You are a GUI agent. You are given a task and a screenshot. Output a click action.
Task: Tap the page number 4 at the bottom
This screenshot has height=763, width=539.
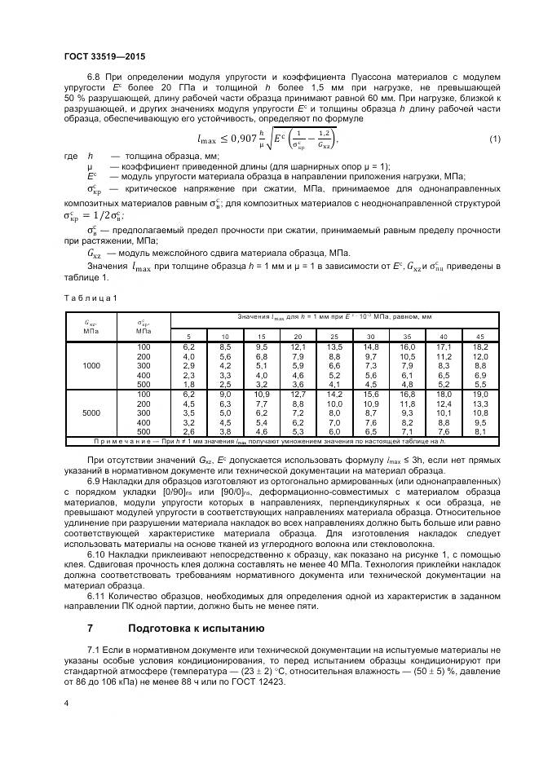tap(66, 701)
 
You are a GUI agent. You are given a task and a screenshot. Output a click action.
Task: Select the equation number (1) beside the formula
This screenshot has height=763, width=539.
tap(493, 139)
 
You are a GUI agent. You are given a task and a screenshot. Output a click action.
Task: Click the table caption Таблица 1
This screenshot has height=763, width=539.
tap(90, 298)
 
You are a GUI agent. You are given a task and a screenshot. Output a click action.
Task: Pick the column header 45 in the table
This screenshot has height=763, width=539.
tap(479, 337)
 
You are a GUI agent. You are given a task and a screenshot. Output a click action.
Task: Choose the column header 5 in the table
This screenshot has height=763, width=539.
tap(189, 337)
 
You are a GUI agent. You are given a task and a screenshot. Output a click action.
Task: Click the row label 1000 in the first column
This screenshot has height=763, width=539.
tap(91, 365)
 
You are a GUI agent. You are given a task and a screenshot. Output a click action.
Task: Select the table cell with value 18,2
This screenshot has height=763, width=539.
tap(479, 347)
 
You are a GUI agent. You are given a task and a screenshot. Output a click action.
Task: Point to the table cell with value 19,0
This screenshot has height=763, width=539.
tap(479, 395)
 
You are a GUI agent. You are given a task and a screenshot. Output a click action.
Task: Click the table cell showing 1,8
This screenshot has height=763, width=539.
tap(189, 383)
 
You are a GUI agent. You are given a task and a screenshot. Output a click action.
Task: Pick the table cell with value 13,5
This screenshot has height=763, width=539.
tap(334, 347)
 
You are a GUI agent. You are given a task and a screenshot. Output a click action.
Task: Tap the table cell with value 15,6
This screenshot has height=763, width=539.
tap(371, 395)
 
